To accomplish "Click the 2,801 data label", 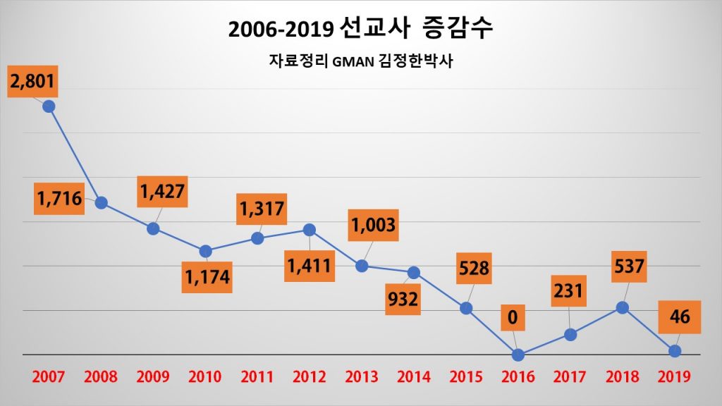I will point(32,82).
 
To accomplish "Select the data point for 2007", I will point(49,106).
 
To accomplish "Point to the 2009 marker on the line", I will point(153,228).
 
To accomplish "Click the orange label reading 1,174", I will point(207,276).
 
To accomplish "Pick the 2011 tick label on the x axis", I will point(257,377).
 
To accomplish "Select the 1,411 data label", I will point(310,266).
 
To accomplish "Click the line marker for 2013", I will point(362,266).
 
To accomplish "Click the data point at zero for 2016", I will point(518,355).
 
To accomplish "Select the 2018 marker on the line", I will point(622,307).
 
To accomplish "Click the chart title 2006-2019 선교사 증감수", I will point(360,30).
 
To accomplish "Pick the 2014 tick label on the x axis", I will point(414,377).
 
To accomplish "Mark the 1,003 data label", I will point(374,226).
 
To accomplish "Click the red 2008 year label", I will point(101,377).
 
